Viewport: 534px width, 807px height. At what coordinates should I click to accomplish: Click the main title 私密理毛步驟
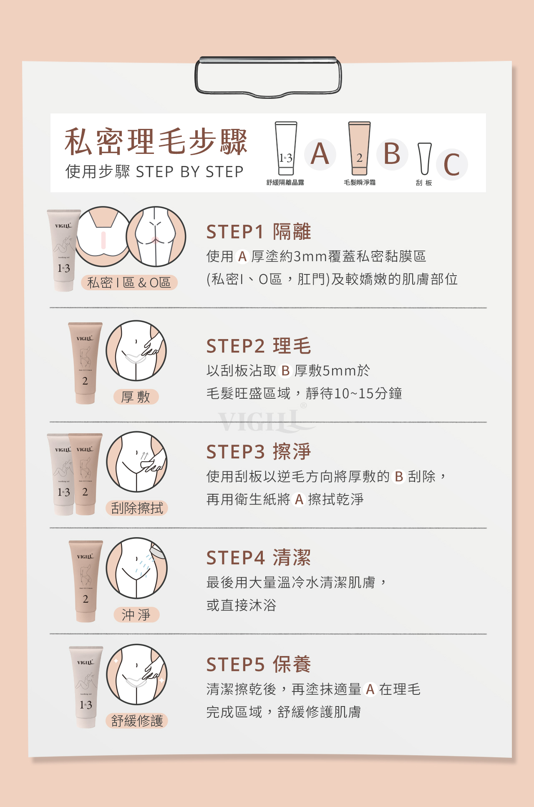pos(156,142)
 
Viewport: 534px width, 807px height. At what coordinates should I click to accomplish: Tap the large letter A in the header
pos(320,154)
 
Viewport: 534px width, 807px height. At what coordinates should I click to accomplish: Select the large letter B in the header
pos(392,154)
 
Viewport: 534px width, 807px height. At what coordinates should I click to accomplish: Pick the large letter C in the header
pos(452,164)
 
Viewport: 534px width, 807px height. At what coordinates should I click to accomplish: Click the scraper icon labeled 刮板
pos(425,158)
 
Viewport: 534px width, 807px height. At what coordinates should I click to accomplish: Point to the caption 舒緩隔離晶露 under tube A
pos(285,182)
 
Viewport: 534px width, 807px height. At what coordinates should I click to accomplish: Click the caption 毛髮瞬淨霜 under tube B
pos(360,182)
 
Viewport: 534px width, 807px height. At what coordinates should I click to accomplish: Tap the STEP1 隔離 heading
pos(259,232)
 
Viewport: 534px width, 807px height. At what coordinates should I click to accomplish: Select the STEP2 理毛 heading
pos(259,346)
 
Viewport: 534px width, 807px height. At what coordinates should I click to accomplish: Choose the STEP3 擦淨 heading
pos(259,452)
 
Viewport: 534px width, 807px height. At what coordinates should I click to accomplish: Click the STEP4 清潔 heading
pos(259,558)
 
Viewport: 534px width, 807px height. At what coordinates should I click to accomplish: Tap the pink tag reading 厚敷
pos(136,397)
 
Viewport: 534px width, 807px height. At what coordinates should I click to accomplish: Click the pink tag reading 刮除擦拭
pos(137,508)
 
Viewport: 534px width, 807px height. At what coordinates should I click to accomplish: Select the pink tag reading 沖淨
pos(136,615)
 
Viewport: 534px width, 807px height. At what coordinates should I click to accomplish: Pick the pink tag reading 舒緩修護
pos(137,721)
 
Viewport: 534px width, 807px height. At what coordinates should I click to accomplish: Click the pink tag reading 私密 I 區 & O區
pos(129,282)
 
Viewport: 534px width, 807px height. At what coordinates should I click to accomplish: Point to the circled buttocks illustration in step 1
pos(156,236)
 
